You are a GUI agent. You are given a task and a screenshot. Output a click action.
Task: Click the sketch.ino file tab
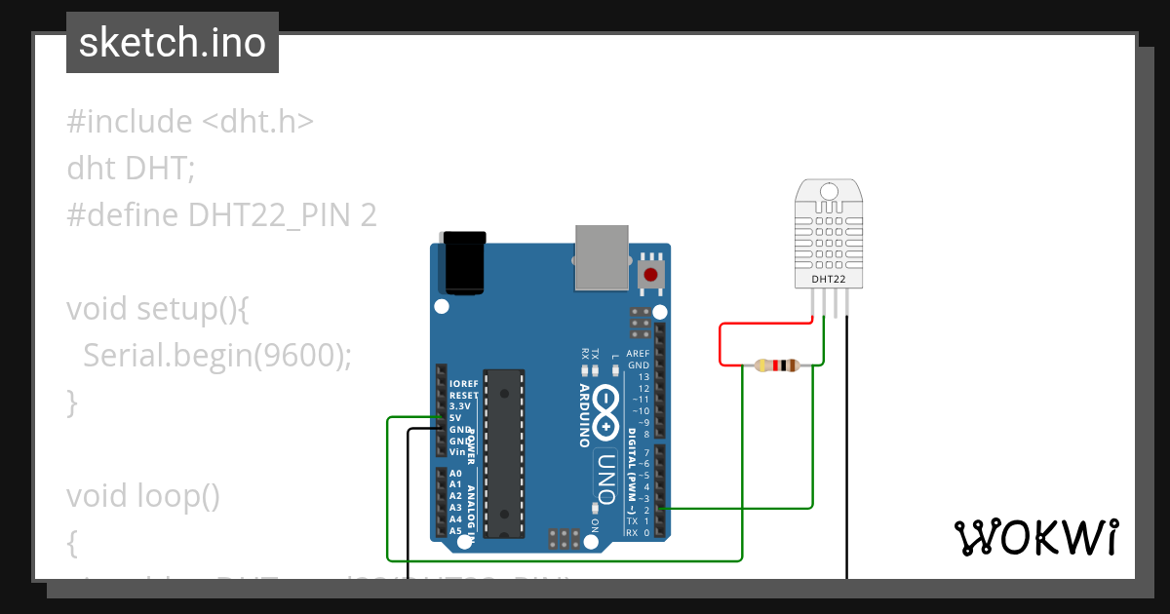click(x=173, y=43)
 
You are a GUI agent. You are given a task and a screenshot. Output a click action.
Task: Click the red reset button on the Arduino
click(x=650, y=274)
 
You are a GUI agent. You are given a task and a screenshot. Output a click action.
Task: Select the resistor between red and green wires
click(x=776, y=365)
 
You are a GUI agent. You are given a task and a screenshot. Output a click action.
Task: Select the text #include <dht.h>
click(x=190, y=122)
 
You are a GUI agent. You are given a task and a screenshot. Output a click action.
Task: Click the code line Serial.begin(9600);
click(x=216, y=356)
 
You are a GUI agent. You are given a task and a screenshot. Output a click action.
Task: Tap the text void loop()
click(x=143, y=496)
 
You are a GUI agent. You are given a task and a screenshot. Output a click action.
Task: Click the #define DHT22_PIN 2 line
click(x=221, y=214)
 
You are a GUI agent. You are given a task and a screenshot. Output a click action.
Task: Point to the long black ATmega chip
click(x=504, y=452)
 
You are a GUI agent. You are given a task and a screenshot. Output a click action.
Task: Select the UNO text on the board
click(x=605, y=479)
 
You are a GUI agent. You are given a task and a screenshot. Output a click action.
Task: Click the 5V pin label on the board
click(x=455, y=418)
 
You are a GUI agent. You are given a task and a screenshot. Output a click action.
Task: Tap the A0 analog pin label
click(x=454, y=473)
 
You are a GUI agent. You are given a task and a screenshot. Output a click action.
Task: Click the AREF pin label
click(x=638, y=354)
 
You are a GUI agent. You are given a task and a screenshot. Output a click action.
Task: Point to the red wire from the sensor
click(x=721, y=343)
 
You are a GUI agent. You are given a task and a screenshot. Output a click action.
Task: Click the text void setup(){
click(x=159, y=309)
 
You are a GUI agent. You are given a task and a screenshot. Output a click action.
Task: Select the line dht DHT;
click(x=131, y=169)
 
